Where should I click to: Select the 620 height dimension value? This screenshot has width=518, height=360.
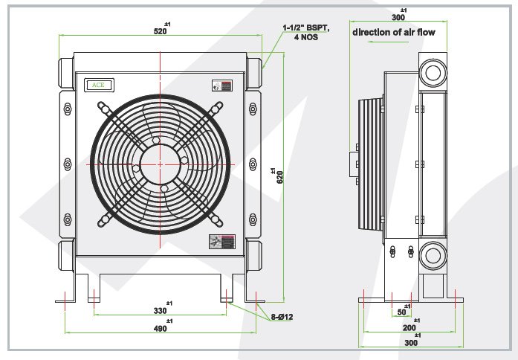(x=279, y=176)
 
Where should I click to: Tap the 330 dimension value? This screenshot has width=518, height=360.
(x=161, y=311)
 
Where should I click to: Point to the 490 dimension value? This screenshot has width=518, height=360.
(x=161, y=329)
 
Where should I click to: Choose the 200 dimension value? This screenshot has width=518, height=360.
(x=409, y=328)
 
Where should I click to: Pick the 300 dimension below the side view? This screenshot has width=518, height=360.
(x=409, y=343)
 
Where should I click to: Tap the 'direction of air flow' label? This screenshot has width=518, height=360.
(x=393, y=33)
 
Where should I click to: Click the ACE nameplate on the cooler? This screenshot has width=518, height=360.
(x=97, y=85)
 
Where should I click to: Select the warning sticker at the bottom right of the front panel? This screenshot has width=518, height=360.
(x=222, y=241)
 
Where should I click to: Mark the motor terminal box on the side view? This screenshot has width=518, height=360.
(x=352, y=164)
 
